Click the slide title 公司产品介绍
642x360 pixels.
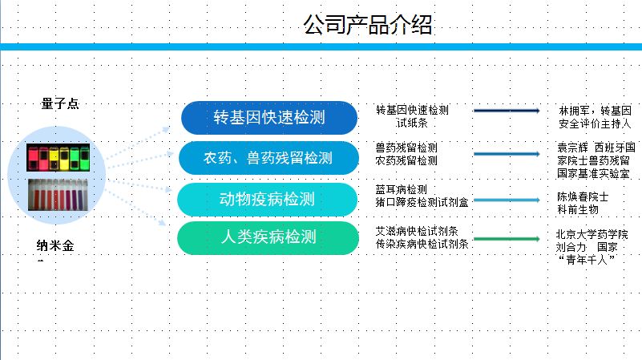(x=368, y=26)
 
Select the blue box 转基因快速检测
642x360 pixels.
(x=269, y=118)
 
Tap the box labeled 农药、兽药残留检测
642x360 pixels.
(x=268, y=158)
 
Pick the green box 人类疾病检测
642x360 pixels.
(x=268, y=238)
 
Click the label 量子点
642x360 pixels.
(x=60, y=103)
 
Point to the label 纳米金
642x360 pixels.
(x=60, y=245)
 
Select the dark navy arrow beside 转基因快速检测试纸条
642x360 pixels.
(x=507, y=111)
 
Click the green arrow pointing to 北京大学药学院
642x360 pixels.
(x=507, y=238)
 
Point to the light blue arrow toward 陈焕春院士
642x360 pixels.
(x=507, y=199)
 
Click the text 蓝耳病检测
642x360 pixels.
(x=401, y=189)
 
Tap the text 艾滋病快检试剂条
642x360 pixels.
(x=417, y=231)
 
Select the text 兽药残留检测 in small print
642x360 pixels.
(x=406, y=148)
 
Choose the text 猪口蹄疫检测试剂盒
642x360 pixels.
(x=422, y=201)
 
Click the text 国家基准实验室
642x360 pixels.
(x=593, y=173)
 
